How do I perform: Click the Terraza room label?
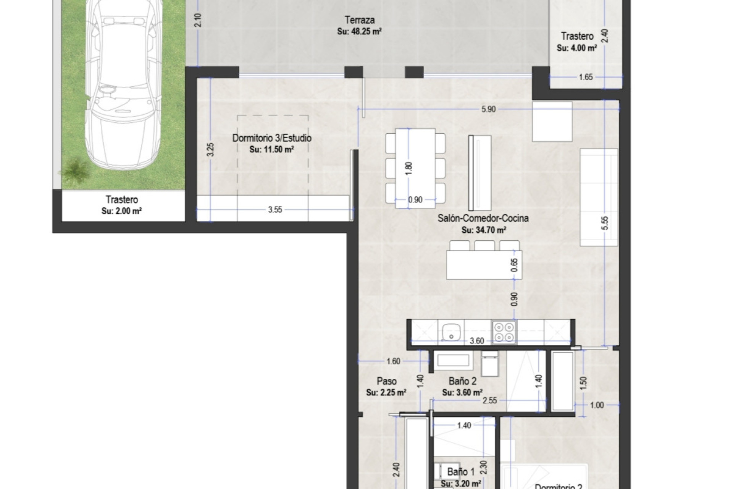(359, 20)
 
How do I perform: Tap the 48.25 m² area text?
(359, 32)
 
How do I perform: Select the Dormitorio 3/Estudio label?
(272, 138)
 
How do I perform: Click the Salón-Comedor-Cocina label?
(483, 218)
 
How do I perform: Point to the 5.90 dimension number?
(488, 109)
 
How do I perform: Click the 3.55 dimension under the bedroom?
(275, 209)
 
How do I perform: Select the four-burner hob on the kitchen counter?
(504, 332)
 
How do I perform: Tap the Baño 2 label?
(462, 381)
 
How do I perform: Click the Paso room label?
(386, 381)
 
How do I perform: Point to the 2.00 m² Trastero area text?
(121, 211)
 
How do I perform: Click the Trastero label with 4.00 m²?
(577, 36)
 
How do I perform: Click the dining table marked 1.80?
(415, 168)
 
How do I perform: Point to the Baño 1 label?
(460, 472)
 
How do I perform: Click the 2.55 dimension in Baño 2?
(489, 400)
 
